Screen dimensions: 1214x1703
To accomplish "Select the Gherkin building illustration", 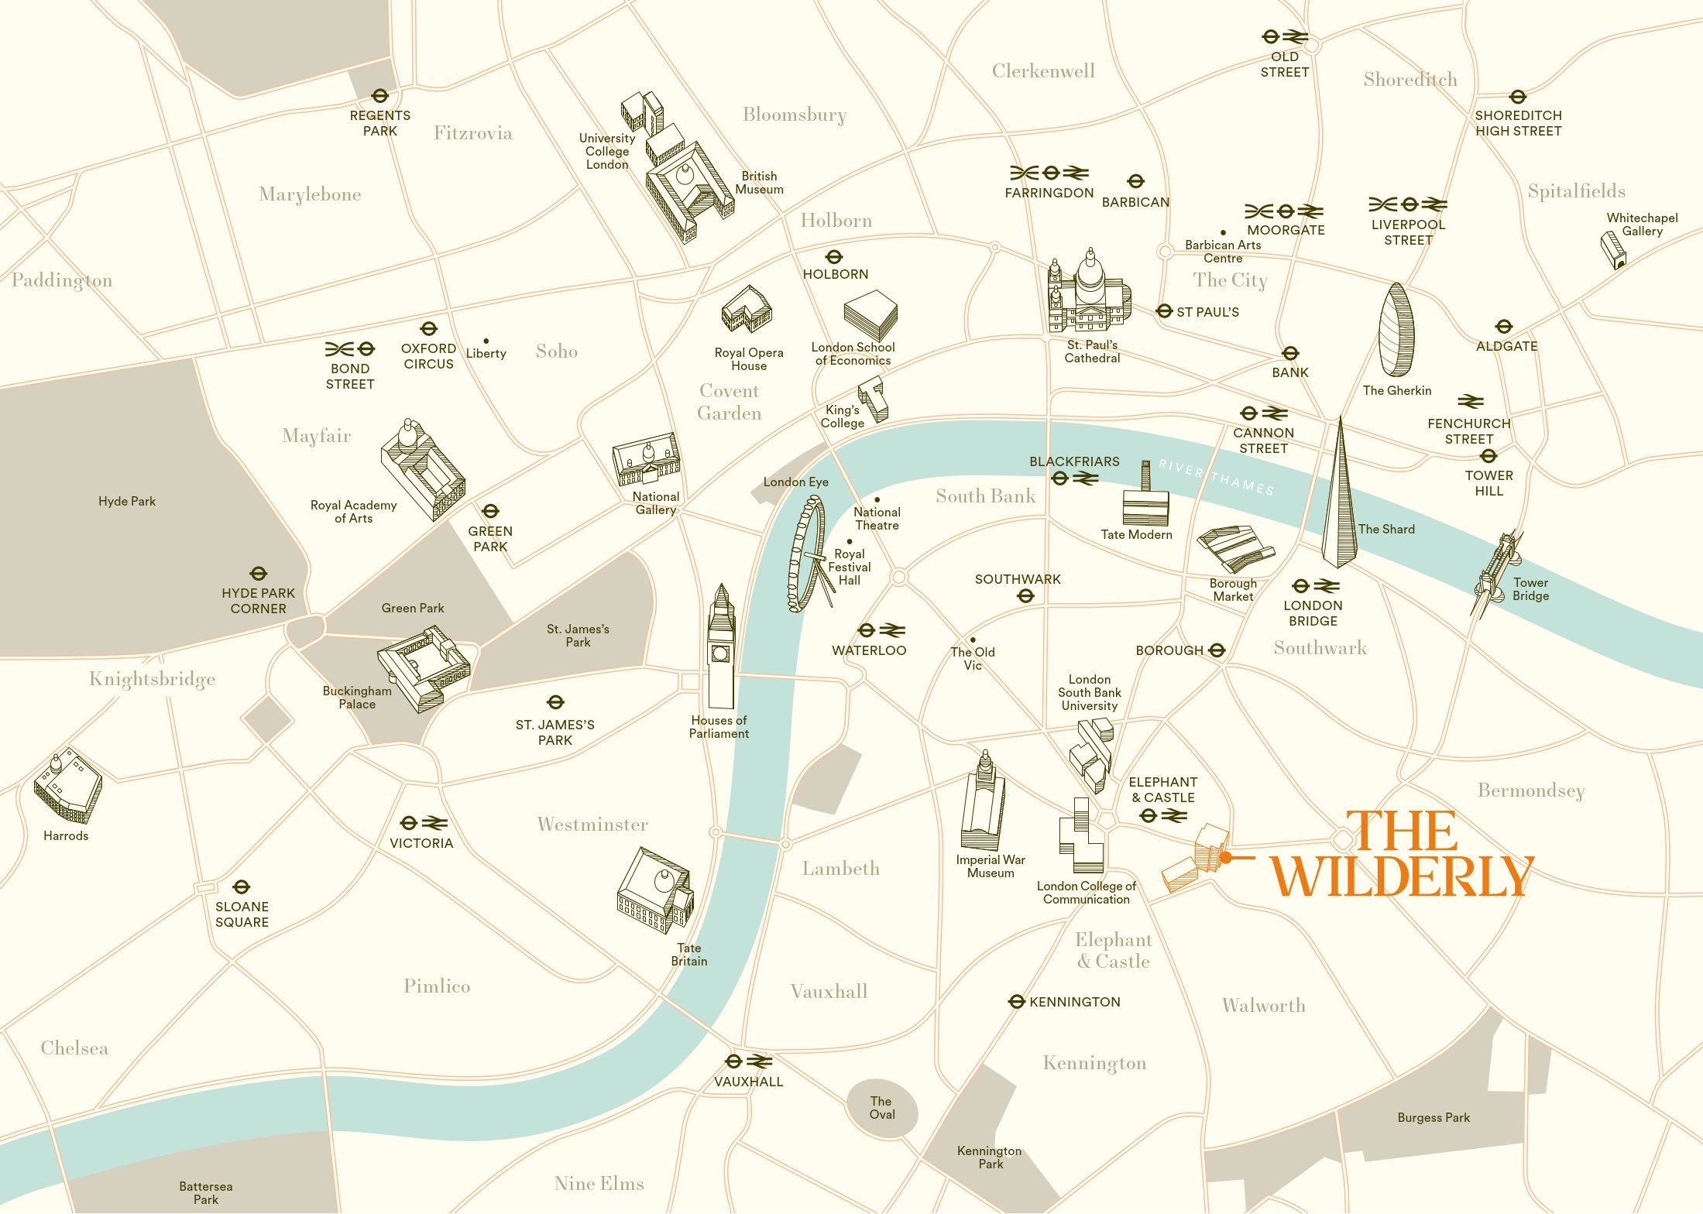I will [1396, 331].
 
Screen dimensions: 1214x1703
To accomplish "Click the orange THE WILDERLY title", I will [1402, 855].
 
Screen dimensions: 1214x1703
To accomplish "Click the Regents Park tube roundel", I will [379, 96].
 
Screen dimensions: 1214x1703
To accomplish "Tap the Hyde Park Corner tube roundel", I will [258, 574].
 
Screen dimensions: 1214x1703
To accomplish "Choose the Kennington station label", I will [1074, 1002].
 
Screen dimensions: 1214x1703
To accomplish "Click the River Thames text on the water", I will [1216, 476].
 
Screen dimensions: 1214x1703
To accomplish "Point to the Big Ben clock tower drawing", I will [721, 647].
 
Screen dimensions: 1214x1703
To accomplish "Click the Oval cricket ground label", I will [881, 1108].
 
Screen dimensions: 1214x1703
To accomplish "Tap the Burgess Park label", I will [1433, 1117].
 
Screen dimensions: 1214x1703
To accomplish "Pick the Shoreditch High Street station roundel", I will [1517, 97].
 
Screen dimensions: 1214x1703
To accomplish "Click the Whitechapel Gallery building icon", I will [1613, 251].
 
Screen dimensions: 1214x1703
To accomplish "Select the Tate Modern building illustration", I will [1145, 499].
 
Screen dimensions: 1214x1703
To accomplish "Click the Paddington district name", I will [62, 280].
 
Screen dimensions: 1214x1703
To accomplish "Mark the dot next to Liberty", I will [486, 341].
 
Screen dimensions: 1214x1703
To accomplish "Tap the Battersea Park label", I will [205, 1192].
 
